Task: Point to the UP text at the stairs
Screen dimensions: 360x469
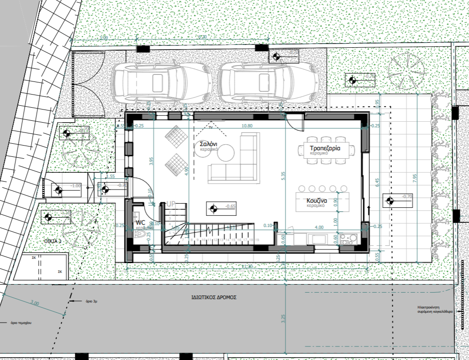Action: (172, 205)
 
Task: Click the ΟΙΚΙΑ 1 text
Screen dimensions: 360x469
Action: (53, 241)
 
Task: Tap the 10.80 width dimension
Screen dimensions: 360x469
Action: (247, 126)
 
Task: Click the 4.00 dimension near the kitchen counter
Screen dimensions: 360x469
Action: (319, 227)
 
